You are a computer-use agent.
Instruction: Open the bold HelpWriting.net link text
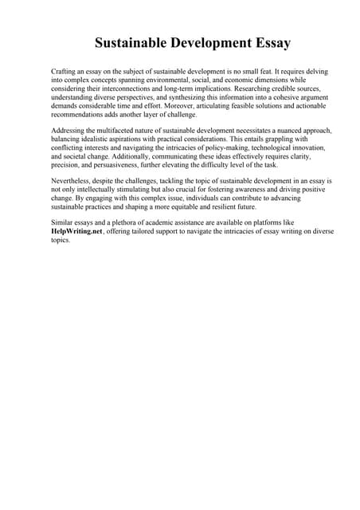(76, 232)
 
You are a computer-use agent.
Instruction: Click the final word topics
(61, 241)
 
